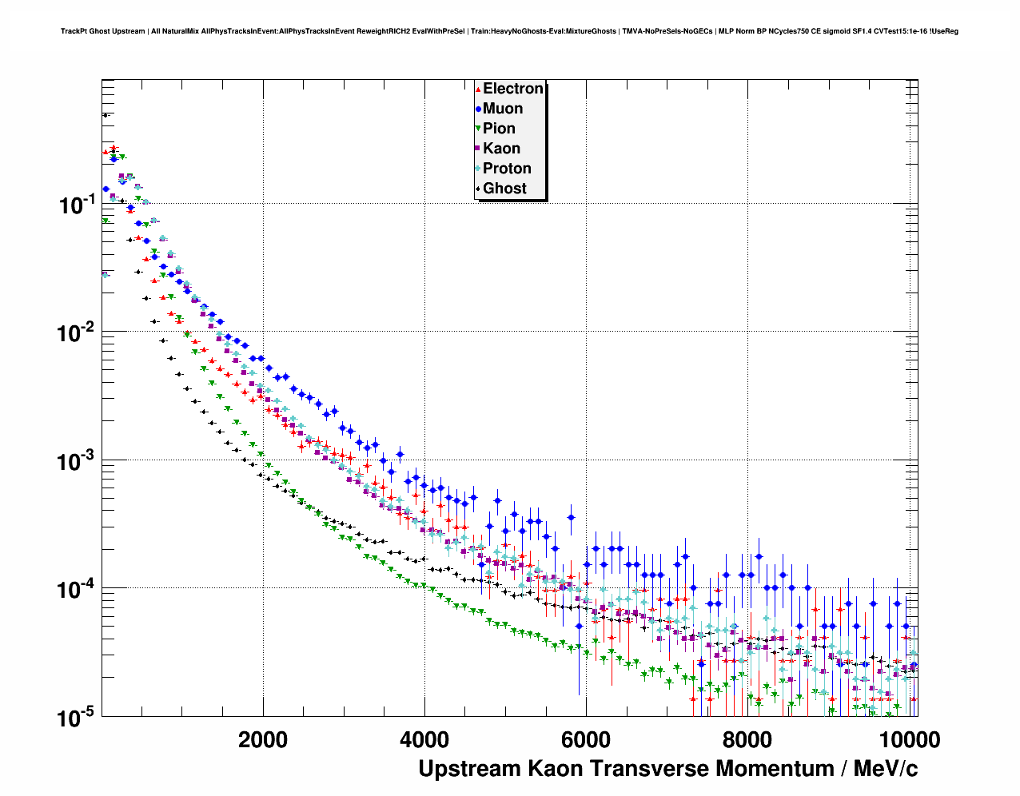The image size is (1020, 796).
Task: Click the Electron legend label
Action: (513, 89)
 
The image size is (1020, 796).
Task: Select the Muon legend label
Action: (503, 109)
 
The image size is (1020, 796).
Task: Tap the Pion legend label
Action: (499, 129)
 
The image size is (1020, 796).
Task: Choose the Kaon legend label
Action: (501, 149)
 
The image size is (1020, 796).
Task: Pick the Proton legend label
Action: (507, 169)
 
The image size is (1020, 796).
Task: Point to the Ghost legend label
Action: (504, 189)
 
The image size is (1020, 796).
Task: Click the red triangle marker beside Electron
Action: (478, 89)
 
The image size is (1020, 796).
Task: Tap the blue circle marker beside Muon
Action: (478, 109)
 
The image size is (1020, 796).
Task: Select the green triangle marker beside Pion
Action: (478, 129)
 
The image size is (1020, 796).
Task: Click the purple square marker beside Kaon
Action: (478, 149)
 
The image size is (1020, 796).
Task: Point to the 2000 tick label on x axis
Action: (263, 739)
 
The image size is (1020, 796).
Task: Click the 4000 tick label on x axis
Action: (424, 739)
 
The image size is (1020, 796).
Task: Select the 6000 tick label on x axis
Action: (586, 739)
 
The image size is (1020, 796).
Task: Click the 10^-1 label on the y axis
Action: (78, 205)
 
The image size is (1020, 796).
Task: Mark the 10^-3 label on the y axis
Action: (78, 461)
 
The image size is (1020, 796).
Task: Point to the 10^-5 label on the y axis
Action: (78, 718)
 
